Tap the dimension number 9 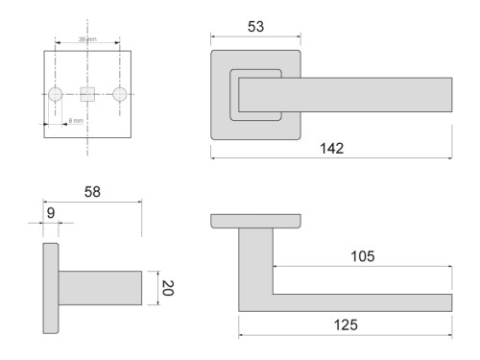[x=49, y=215]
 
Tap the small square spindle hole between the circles [x=87, y=94]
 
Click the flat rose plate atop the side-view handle [x=254, y=221]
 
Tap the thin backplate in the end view [x=50, y=288]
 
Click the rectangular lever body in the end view [x=101, y=288]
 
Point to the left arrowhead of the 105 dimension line [x=276, y=265]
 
